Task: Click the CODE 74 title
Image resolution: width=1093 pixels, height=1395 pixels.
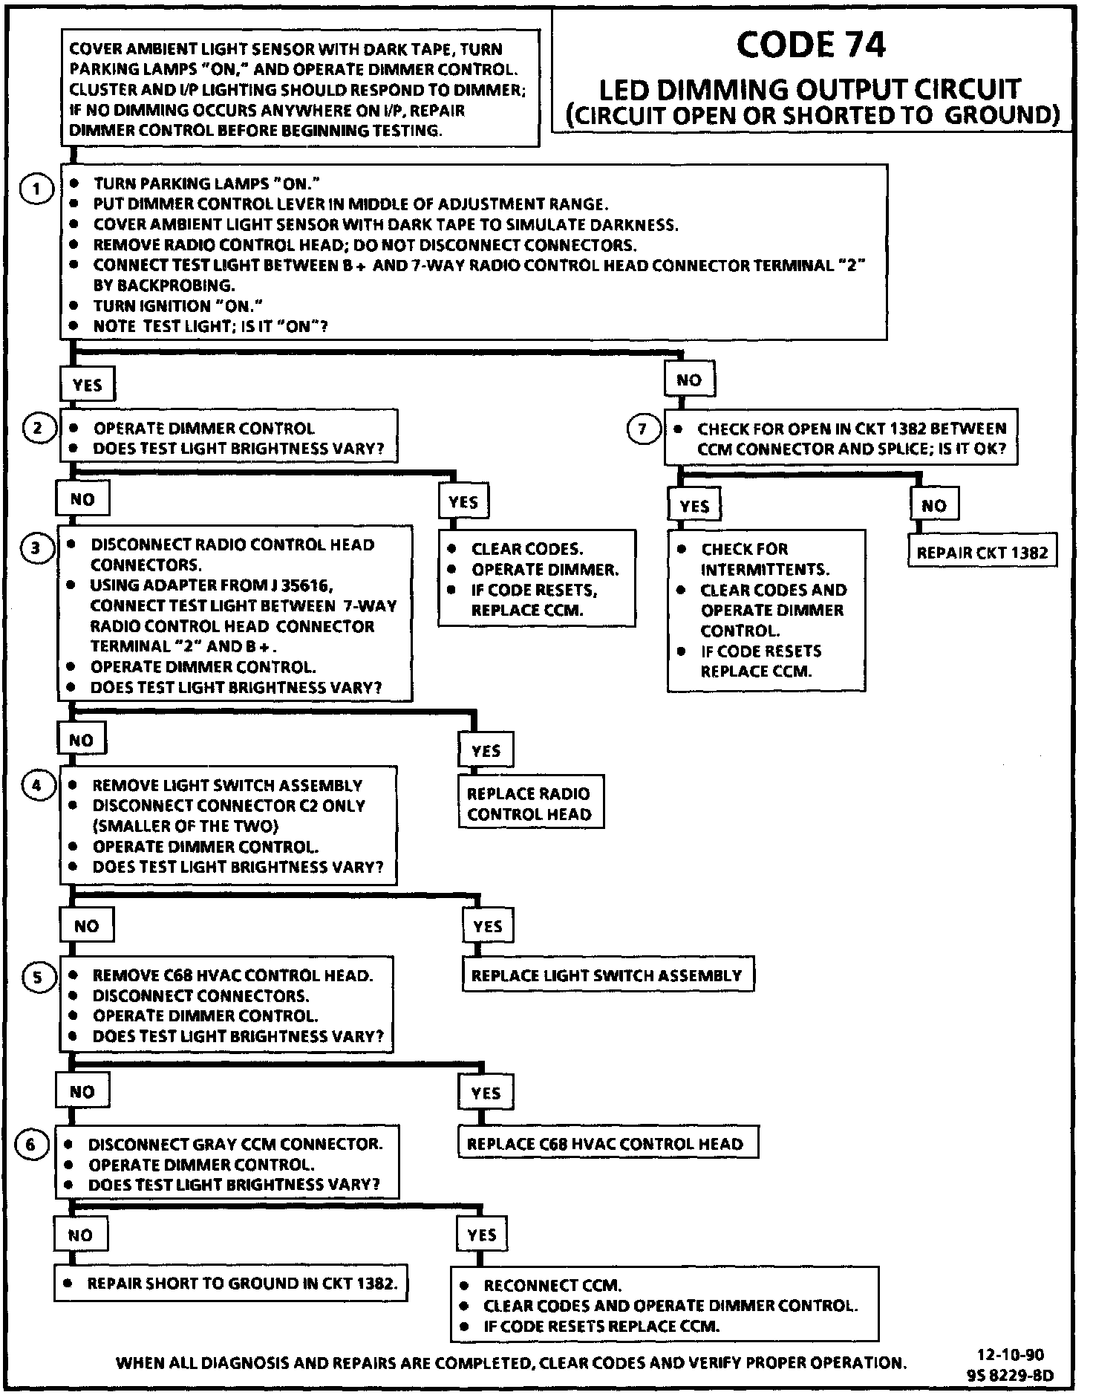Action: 811,45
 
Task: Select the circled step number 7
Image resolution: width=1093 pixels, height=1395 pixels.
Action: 643,429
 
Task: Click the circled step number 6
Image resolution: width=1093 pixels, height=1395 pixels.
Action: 31,1145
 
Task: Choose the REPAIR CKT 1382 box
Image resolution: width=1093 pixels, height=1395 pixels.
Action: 982,553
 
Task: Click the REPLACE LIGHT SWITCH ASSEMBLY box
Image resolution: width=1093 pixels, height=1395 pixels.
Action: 607,975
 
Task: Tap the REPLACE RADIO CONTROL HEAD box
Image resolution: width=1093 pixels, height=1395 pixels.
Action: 529,804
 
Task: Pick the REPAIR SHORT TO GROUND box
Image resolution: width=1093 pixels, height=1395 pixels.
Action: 231,1284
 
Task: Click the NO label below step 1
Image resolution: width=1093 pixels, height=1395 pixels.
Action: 689,380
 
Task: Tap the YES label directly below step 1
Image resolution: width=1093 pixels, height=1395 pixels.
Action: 87,385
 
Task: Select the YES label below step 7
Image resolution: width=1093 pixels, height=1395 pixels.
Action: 694,507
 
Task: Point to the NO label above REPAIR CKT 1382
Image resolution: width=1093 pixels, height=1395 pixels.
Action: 934,506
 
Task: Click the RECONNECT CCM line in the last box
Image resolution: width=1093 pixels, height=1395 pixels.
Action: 552,1286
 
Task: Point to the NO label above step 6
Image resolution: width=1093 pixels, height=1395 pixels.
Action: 82,1092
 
